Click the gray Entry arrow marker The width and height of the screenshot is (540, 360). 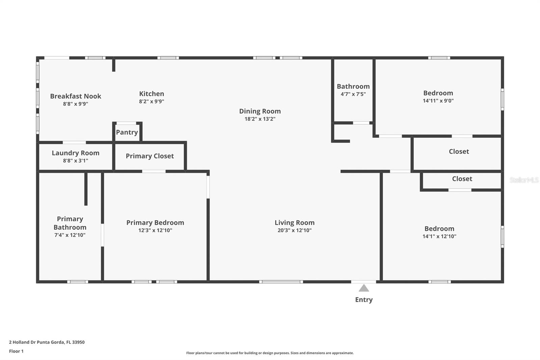364,288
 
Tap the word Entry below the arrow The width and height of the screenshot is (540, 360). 364,300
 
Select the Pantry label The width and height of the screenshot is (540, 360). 127,132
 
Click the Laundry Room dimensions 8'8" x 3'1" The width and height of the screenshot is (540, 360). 76,160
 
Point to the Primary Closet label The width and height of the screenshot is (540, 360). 150,156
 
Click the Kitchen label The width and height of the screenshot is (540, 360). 152,94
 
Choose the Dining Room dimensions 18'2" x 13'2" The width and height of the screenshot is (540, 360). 260,119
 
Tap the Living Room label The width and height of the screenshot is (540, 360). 295,223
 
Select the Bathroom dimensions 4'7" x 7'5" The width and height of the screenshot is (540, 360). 353,94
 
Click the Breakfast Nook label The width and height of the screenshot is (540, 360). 76,96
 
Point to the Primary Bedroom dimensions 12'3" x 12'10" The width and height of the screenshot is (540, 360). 155,230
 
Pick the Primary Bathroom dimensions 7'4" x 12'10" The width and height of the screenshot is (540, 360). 70,235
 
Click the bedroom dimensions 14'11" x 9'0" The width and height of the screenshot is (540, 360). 438,101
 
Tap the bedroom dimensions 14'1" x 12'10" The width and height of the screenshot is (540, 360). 439,236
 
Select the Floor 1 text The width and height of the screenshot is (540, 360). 16,351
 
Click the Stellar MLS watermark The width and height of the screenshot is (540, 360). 524,180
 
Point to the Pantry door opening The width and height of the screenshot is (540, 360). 126,123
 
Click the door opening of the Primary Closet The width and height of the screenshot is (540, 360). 154,171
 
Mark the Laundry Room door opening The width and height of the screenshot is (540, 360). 74,143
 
